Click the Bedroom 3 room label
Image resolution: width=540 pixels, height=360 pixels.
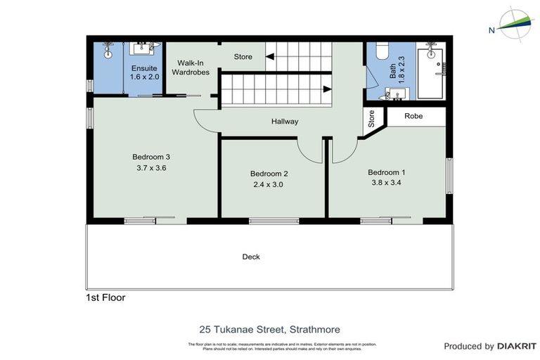pyautogui.click(x=151, y=157)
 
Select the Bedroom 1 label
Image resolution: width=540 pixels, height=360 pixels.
pyautogui.click(x=387, y=172)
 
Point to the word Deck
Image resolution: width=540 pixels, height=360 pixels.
pyautogui.click(x=251, y=257)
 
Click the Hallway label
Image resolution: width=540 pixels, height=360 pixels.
pyautogui.click(x=285, y=122)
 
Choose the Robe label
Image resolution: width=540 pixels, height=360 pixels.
pyautogui.click(x=413, y=116)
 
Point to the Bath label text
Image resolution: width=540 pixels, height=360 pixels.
pyautogui.click(x=394, y=70)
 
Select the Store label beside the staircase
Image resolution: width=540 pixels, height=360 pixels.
pyautogui.click(x=243, y=57)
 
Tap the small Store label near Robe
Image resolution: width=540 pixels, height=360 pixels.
pyautogui.click(x=371, y=120)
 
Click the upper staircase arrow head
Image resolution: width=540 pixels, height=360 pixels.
pyautogui.click(x=271, y=56)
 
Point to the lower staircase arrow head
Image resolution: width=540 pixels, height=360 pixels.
pyautogui.click(x=327, y=89)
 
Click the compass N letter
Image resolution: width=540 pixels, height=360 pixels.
pyautogui.click(x=491, y=30)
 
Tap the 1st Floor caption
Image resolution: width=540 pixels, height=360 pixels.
pyautogui.click(x=105, y=297)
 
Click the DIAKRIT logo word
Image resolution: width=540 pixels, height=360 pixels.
pyautogui.click(x=517, y=346)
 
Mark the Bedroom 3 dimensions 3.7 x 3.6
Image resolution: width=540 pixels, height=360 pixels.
pyautogui.click(x=151, y=168)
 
